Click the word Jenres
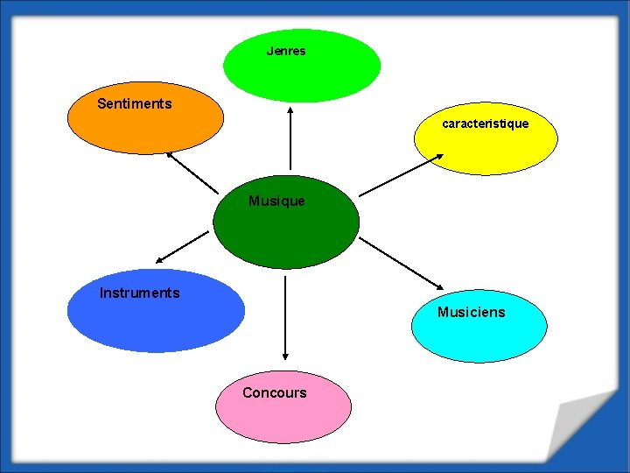[x=286, y=52]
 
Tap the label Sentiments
[x=134, y=104]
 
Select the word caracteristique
[x=485, y=124]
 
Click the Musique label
[x=276, y=201]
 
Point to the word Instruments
[x=139, y=293]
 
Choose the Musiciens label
[x=471, y=313]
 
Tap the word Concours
[x=274, y=393]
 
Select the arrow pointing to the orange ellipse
[x=192, y=173]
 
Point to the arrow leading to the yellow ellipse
[x=402, y=174]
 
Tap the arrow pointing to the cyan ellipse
[x=402, y=262]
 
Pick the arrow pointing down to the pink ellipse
[x=285, y=318]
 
